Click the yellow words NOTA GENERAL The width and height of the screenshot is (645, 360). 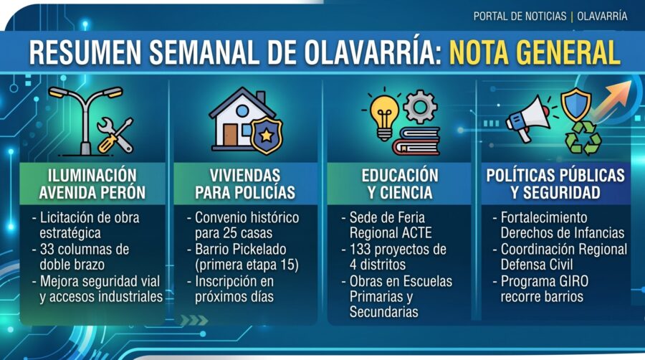[535, 52]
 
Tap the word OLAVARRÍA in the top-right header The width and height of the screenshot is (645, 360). [602, 16]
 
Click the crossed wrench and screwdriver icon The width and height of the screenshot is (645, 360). [115, 135]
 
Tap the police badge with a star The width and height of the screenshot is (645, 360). [267, 136]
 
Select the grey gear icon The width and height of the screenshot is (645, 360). [420, 107]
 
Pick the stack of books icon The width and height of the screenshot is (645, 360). [416, 141]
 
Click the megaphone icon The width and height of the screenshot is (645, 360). [527, 119]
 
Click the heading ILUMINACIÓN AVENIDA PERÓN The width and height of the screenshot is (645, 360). [92, 184]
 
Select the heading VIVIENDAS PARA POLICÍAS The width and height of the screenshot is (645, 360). [245, 184]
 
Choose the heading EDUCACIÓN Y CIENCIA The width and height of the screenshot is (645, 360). [400, 184]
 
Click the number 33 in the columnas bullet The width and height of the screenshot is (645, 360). [48, 250]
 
